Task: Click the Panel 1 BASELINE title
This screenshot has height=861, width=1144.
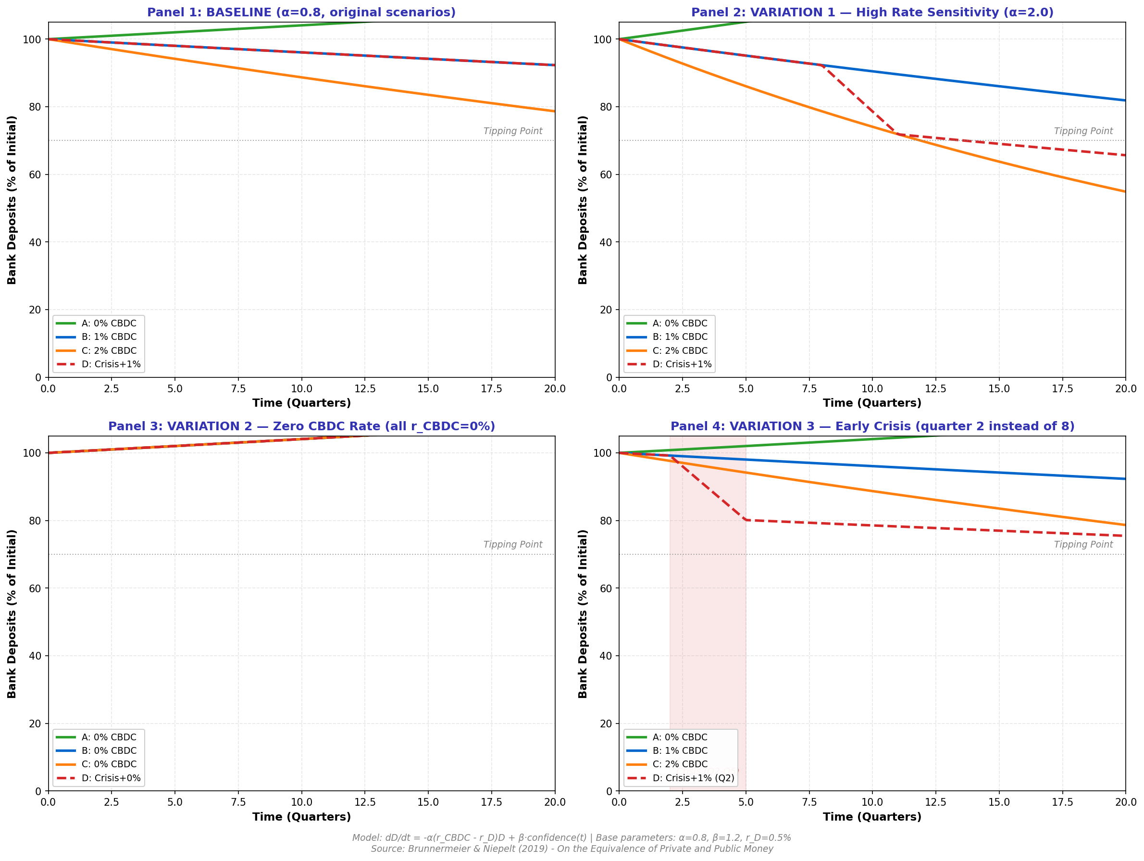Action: coord(301,12)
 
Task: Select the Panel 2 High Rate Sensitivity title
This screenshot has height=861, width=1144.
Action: coord(872,12)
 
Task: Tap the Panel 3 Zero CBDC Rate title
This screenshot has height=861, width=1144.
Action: coord(301,426)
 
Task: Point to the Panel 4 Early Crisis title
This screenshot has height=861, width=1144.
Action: coord(872,426)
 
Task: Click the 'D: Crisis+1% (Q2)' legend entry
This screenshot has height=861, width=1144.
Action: coord(693,778)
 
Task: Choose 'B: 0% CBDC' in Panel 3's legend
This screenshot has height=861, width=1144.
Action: coord(109,750)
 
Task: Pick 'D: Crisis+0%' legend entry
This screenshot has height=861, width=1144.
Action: coord(111,778)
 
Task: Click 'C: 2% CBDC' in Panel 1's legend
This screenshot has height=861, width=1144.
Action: coord(109,350)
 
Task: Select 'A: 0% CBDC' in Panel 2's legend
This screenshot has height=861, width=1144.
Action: coord(680,323)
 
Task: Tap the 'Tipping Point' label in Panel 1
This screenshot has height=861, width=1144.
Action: coord(512,131)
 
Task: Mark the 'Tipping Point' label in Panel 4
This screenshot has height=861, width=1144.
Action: coord(1083,545)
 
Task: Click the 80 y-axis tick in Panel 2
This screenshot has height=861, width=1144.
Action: coord(606,107)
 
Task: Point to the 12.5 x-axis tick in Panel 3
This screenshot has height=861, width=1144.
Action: coord(365,802)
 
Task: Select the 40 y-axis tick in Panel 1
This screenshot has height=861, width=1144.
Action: coord(35,242)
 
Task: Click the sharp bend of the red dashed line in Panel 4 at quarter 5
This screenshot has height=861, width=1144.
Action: coord(746,520)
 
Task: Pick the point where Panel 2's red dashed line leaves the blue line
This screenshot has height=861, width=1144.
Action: coord(821,65)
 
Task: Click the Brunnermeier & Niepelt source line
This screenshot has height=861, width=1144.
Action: coord(572,849)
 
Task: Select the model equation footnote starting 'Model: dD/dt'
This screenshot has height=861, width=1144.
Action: coord(572,837)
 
